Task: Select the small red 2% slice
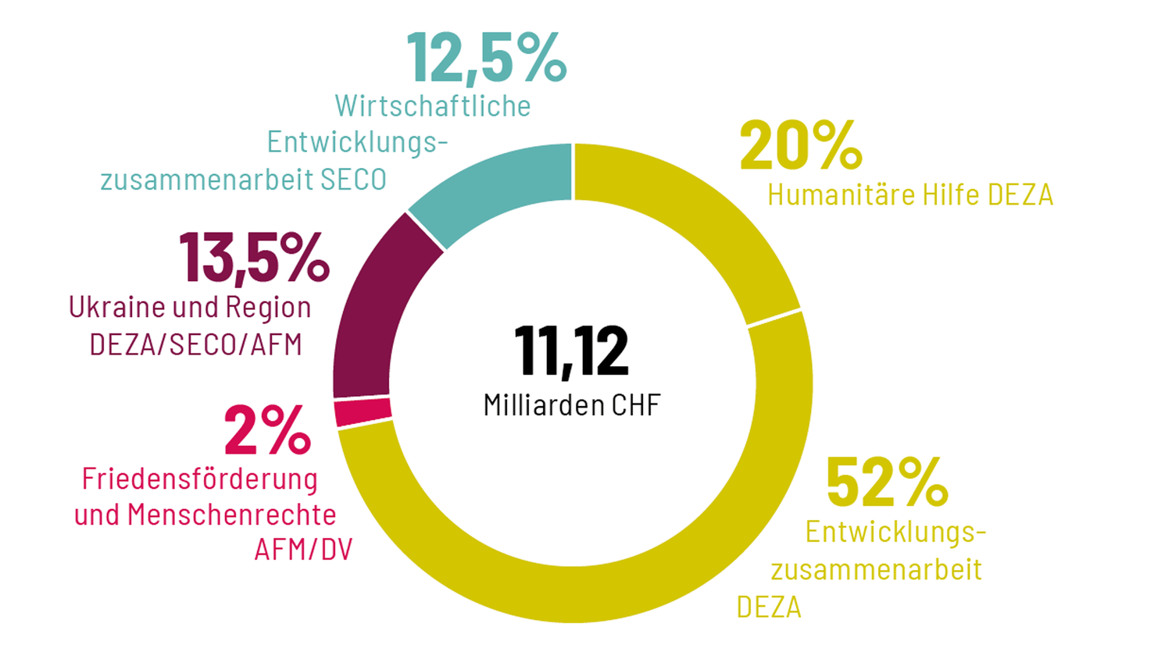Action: pos(363,411)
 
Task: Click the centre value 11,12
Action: pos(571,351)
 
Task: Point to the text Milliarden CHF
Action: pos(571,405)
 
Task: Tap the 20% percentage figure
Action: pos(800,146)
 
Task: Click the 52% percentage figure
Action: pos(886,483)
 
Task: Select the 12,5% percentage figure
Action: pos(486,57)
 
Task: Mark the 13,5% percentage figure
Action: pos(254,258)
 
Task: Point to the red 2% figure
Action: pos(267,430)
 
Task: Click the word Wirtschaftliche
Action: pos(432,106)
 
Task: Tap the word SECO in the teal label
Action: pos(354,180)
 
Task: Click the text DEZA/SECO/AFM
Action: pos(195,344)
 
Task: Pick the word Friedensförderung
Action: pos(199,479)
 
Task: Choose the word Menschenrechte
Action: pos(231,515)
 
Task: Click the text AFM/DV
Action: pos(303,550)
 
